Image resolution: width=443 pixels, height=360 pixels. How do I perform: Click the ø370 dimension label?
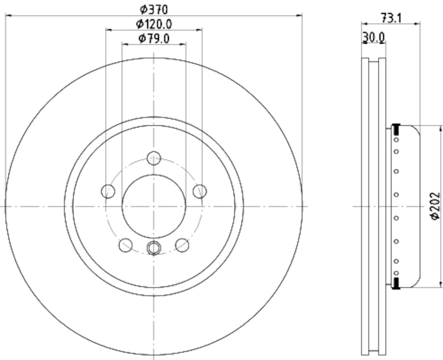coord(153,8)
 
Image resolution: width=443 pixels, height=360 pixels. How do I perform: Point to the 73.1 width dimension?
coord(391,18)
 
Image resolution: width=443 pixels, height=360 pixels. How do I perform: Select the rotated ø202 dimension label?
coord(435,207)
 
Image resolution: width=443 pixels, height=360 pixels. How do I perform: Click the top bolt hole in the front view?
coord(154,158)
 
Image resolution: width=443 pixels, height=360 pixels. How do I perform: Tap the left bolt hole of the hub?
coord(108,192)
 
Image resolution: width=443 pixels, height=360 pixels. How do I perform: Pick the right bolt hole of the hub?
coord(199,192)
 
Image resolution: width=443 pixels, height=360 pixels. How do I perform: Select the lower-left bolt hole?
coord(126,245)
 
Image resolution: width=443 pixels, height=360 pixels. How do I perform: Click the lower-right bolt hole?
coord(182,245)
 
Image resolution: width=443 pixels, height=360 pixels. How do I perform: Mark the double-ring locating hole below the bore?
coord(154,248)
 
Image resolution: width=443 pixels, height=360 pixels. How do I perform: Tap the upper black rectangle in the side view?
coord(396,130)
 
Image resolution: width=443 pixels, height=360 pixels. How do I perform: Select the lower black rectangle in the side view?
coord(396,284)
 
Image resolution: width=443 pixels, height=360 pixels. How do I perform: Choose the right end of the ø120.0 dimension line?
coord(202,30)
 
